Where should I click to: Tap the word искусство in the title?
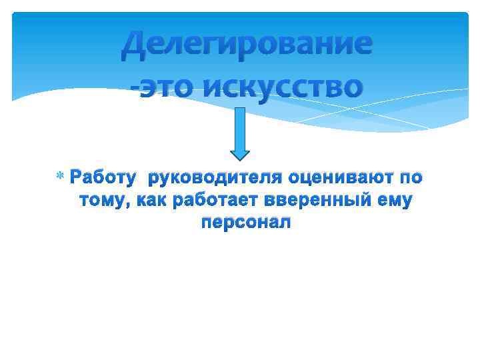click(x=285, y=87)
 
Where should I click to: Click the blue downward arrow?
click(x=240, y=133)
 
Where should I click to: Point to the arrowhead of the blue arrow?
click(x=240, y=151)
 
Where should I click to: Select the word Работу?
click(x=103, y=178)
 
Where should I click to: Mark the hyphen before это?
click(x=134, y=87)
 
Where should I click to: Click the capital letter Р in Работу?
click(x=77, y=178)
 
